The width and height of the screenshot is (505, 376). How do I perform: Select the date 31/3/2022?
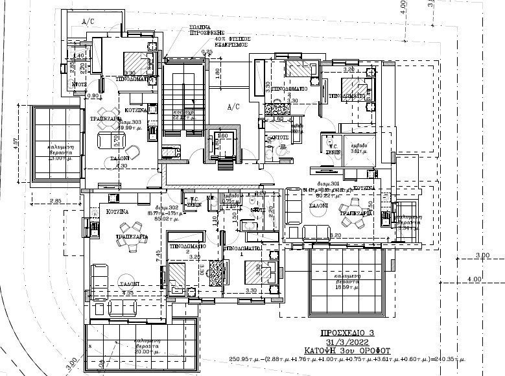coord(350,342)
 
